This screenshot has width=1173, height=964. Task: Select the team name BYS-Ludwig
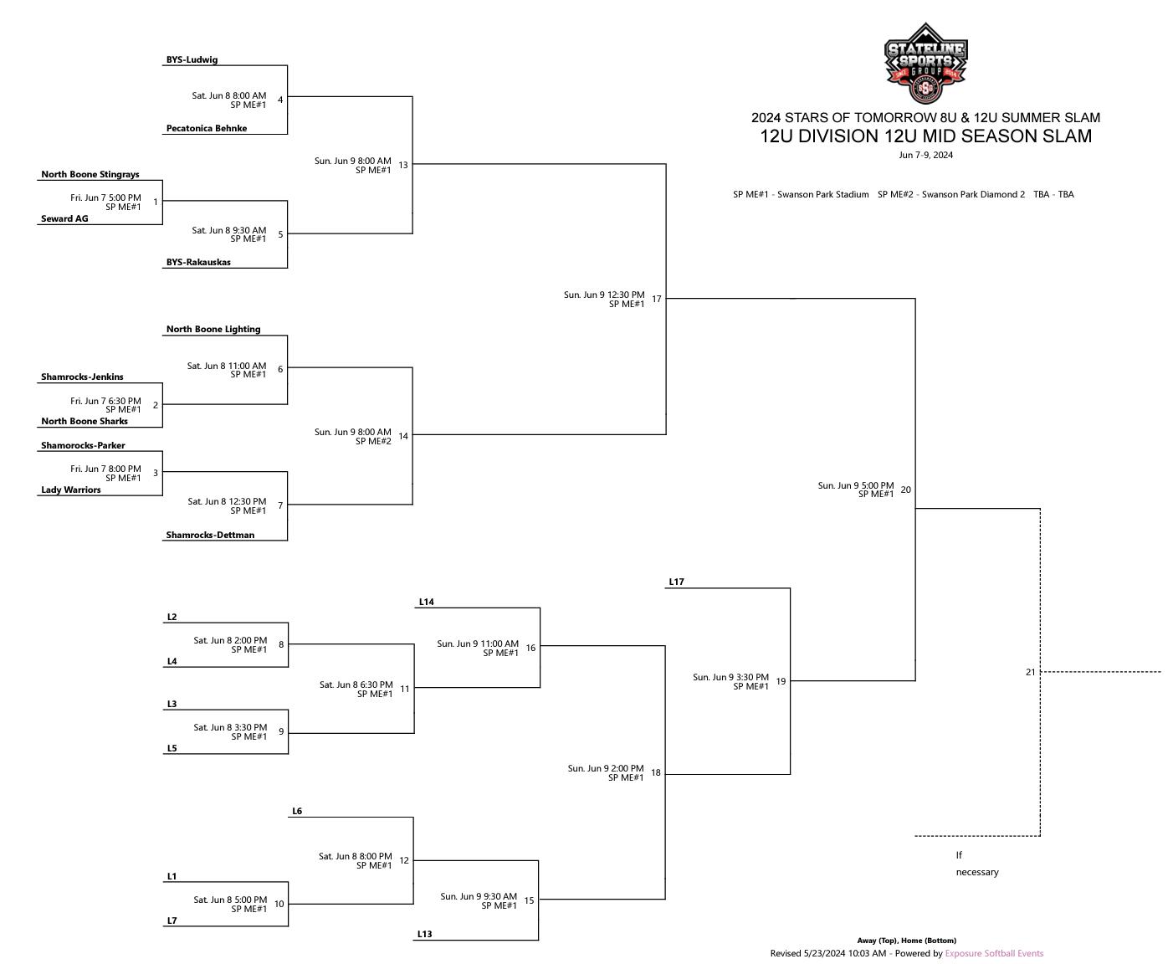pos(192,59)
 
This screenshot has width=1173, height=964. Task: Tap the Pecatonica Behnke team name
pos(206,128)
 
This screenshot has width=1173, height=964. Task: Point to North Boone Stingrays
pos(90,174)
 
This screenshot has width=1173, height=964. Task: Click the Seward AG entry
pos(64,218)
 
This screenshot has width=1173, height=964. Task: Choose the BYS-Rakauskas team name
pos(198,262)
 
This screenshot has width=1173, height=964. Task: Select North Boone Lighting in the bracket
pos(213,329)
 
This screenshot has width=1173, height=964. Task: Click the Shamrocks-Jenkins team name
pos(82,377)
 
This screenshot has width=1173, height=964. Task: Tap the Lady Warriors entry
pos(71,490)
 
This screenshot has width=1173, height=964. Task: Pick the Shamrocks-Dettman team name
pos(210,535)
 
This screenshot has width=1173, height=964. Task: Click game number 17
pos(656,299)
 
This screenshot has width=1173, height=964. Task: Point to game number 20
pos(906,490)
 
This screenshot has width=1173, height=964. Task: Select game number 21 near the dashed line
pos(1030,672)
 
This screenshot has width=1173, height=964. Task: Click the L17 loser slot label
pos(677,582)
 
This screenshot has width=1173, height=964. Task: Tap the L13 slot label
pos(425,934)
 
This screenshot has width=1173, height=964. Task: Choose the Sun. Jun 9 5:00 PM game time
pos(855,485)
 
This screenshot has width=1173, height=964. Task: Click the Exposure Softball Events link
pos(994,953)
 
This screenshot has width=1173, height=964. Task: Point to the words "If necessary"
pos(976,864)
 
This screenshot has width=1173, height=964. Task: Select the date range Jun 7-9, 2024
pos(925,155)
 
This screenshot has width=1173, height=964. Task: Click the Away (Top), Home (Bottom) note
pos(906,941)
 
